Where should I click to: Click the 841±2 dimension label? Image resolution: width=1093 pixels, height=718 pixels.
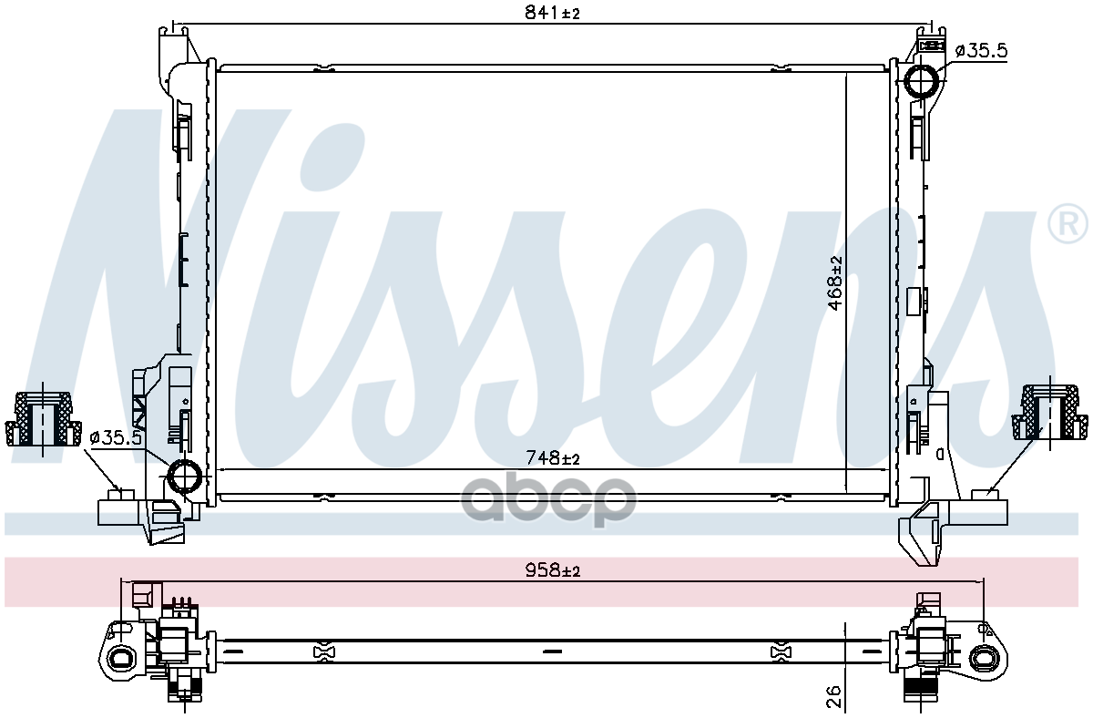tap(552, 13)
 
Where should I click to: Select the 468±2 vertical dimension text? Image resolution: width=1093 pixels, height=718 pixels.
tap(835, 282)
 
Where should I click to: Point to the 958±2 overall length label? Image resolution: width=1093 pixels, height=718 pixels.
tap(552, 569)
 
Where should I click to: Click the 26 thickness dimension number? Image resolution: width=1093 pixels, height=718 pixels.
tap(834, 696)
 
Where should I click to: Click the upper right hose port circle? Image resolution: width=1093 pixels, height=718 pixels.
tap(922, 81)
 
